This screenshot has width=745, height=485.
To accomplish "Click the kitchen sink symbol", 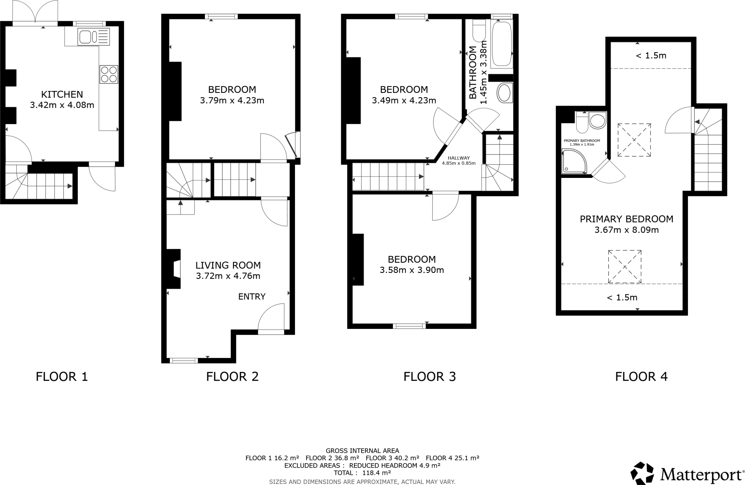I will pyautogui.click(x=93, y=37).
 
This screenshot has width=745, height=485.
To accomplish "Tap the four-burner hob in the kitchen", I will pyautogui.click(x=109, y=74).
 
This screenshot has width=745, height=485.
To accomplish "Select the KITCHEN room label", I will pyautogui.click(x=62, y=95).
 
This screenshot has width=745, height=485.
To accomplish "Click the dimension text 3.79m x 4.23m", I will pyautogui.click(x=232, y=100).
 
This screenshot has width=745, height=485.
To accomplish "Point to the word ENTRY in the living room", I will pyautogui.click(x=252, y=297).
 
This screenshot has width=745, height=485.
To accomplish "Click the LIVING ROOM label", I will pyautogui.click(x=228, y=265).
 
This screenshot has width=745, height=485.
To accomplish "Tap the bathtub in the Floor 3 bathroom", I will pyautogui.click(x=502, y=44).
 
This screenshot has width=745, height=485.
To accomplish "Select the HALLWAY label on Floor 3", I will pyautogui.click(x=459, y=158).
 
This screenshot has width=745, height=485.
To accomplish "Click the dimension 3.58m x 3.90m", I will pyautogui.click(x=412, y=270).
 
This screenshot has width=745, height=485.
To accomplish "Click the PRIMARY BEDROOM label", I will pyautogui.click(x=626, y=219).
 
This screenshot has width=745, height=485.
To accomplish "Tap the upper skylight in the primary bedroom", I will pyautogui.click(x=634, y=140).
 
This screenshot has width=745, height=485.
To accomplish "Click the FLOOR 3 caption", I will pyautogui.click(x=429, y=377).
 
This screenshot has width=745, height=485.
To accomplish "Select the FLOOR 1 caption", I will pyautogui.click(x=62, y=377).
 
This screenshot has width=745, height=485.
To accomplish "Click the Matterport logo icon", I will pyautogui.click(x=642, y=473).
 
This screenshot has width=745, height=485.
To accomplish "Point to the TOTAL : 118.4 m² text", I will pyautogui.click(x=362, y=473).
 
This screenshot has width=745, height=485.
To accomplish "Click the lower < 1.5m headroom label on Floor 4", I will pyautogui.click(x=622, y=298).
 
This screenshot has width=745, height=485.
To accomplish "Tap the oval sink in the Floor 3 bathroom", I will pyautogui.click(x=504, y=93).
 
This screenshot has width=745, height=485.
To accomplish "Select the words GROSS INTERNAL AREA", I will pyautogui.click(x=362, y=451).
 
